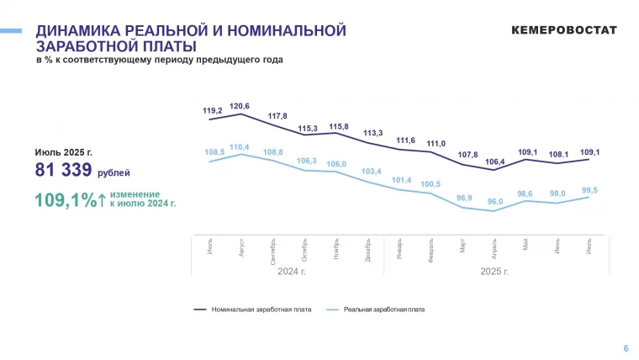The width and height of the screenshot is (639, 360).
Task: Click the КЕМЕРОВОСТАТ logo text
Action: (x=563, y=30)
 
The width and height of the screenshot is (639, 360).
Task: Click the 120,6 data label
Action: (x=240, y=106)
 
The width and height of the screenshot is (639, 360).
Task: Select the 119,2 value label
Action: (x=213, y=110)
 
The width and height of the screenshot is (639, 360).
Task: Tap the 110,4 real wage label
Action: (x=240, y=147)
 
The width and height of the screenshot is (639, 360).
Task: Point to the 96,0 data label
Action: (x=495, y=202)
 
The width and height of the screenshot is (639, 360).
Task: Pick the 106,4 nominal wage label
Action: (x=495, y=161)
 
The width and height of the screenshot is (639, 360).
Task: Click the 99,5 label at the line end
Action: (x=589, y=190)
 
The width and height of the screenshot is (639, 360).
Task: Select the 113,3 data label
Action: (x=372, y=133)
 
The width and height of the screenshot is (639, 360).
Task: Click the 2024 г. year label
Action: (x=291, y=272)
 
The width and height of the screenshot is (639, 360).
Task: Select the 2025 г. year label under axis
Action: (x=494, y=272)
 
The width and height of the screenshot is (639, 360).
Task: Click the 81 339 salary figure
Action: (x=64, y=171)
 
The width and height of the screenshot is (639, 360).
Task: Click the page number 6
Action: (x=625, y=348)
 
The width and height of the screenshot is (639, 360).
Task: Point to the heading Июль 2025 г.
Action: (x=63, y=152)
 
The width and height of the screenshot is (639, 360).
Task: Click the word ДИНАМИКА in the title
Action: (x=80, y=31)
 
